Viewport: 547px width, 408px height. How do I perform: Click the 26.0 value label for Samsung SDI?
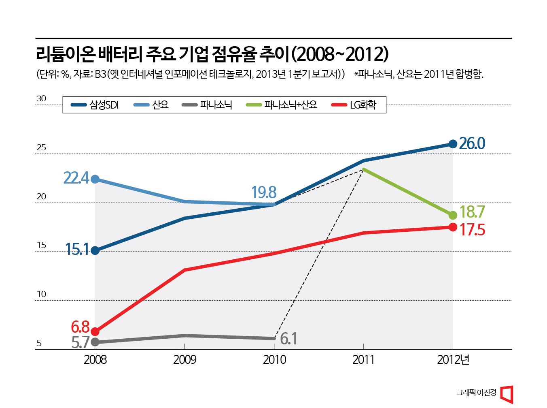coord(472,144)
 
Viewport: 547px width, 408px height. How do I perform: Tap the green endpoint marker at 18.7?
coord(453,215)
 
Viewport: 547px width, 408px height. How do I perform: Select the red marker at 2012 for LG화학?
coord(453,227)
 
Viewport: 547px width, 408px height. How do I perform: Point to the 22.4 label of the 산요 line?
coord(76,178)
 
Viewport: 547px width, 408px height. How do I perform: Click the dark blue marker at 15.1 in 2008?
coord(95,250)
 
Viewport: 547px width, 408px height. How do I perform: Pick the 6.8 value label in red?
coord(80,327)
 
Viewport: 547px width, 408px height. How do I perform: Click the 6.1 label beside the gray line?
coord(288,339)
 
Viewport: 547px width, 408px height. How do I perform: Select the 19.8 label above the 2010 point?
coord(263,192)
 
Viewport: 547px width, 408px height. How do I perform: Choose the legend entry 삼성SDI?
coord(95,105)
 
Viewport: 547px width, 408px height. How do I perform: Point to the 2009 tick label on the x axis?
coord(184,360)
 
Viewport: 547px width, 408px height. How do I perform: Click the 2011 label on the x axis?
coord(363,360)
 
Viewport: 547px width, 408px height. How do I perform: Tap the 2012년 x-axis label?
coord(453,360)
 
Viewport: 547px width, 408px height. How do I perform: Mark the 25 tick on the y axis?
coord(41,147)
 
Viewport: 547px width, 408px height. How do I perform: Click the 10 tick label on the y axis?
coord(41,294)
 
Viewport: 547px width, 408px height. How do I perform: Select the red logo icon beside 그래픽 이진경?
coord(507,394)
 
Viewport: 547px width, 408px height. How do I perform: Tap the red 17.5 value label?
coord(472,230)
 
